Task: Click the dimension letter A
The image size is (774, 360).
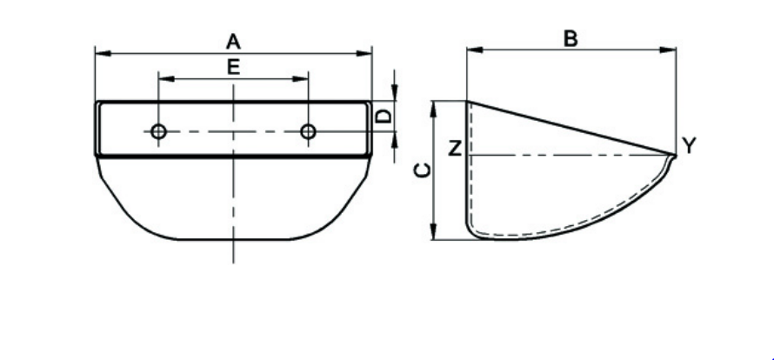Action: click(233, 42)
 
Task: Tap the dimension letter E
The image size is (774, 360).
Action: click(233, 67)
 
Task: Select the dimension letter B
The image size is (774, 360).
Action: click(570, 38)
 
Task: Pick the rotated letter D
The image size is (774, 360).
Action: click(384, 116)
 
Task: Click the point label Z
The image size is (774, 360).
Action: click(455, 148)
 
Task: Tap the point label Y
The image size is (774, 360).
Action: click(689, 146)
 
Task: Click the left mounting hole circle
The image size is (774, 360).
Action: click(158, 132)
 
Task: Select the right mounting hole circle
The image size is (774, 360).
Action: click(308, 132)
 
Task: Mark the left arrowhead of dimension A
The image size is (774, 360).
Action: click(102, 53)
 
